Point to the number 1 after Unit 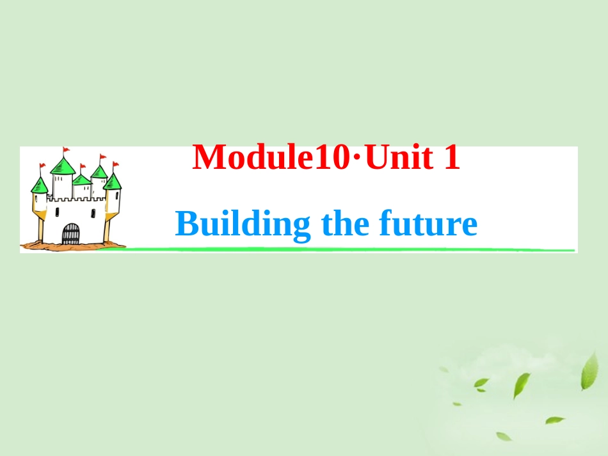[x=451, y=158]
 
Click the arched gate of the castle [x=71, y=234]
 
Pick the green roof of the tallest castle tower [x=63, y=166]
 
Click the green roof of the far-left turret [x=40, y=185]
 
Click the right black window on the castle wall [x=93, y=212]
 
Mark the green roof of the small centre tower [x=81, y=180]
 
